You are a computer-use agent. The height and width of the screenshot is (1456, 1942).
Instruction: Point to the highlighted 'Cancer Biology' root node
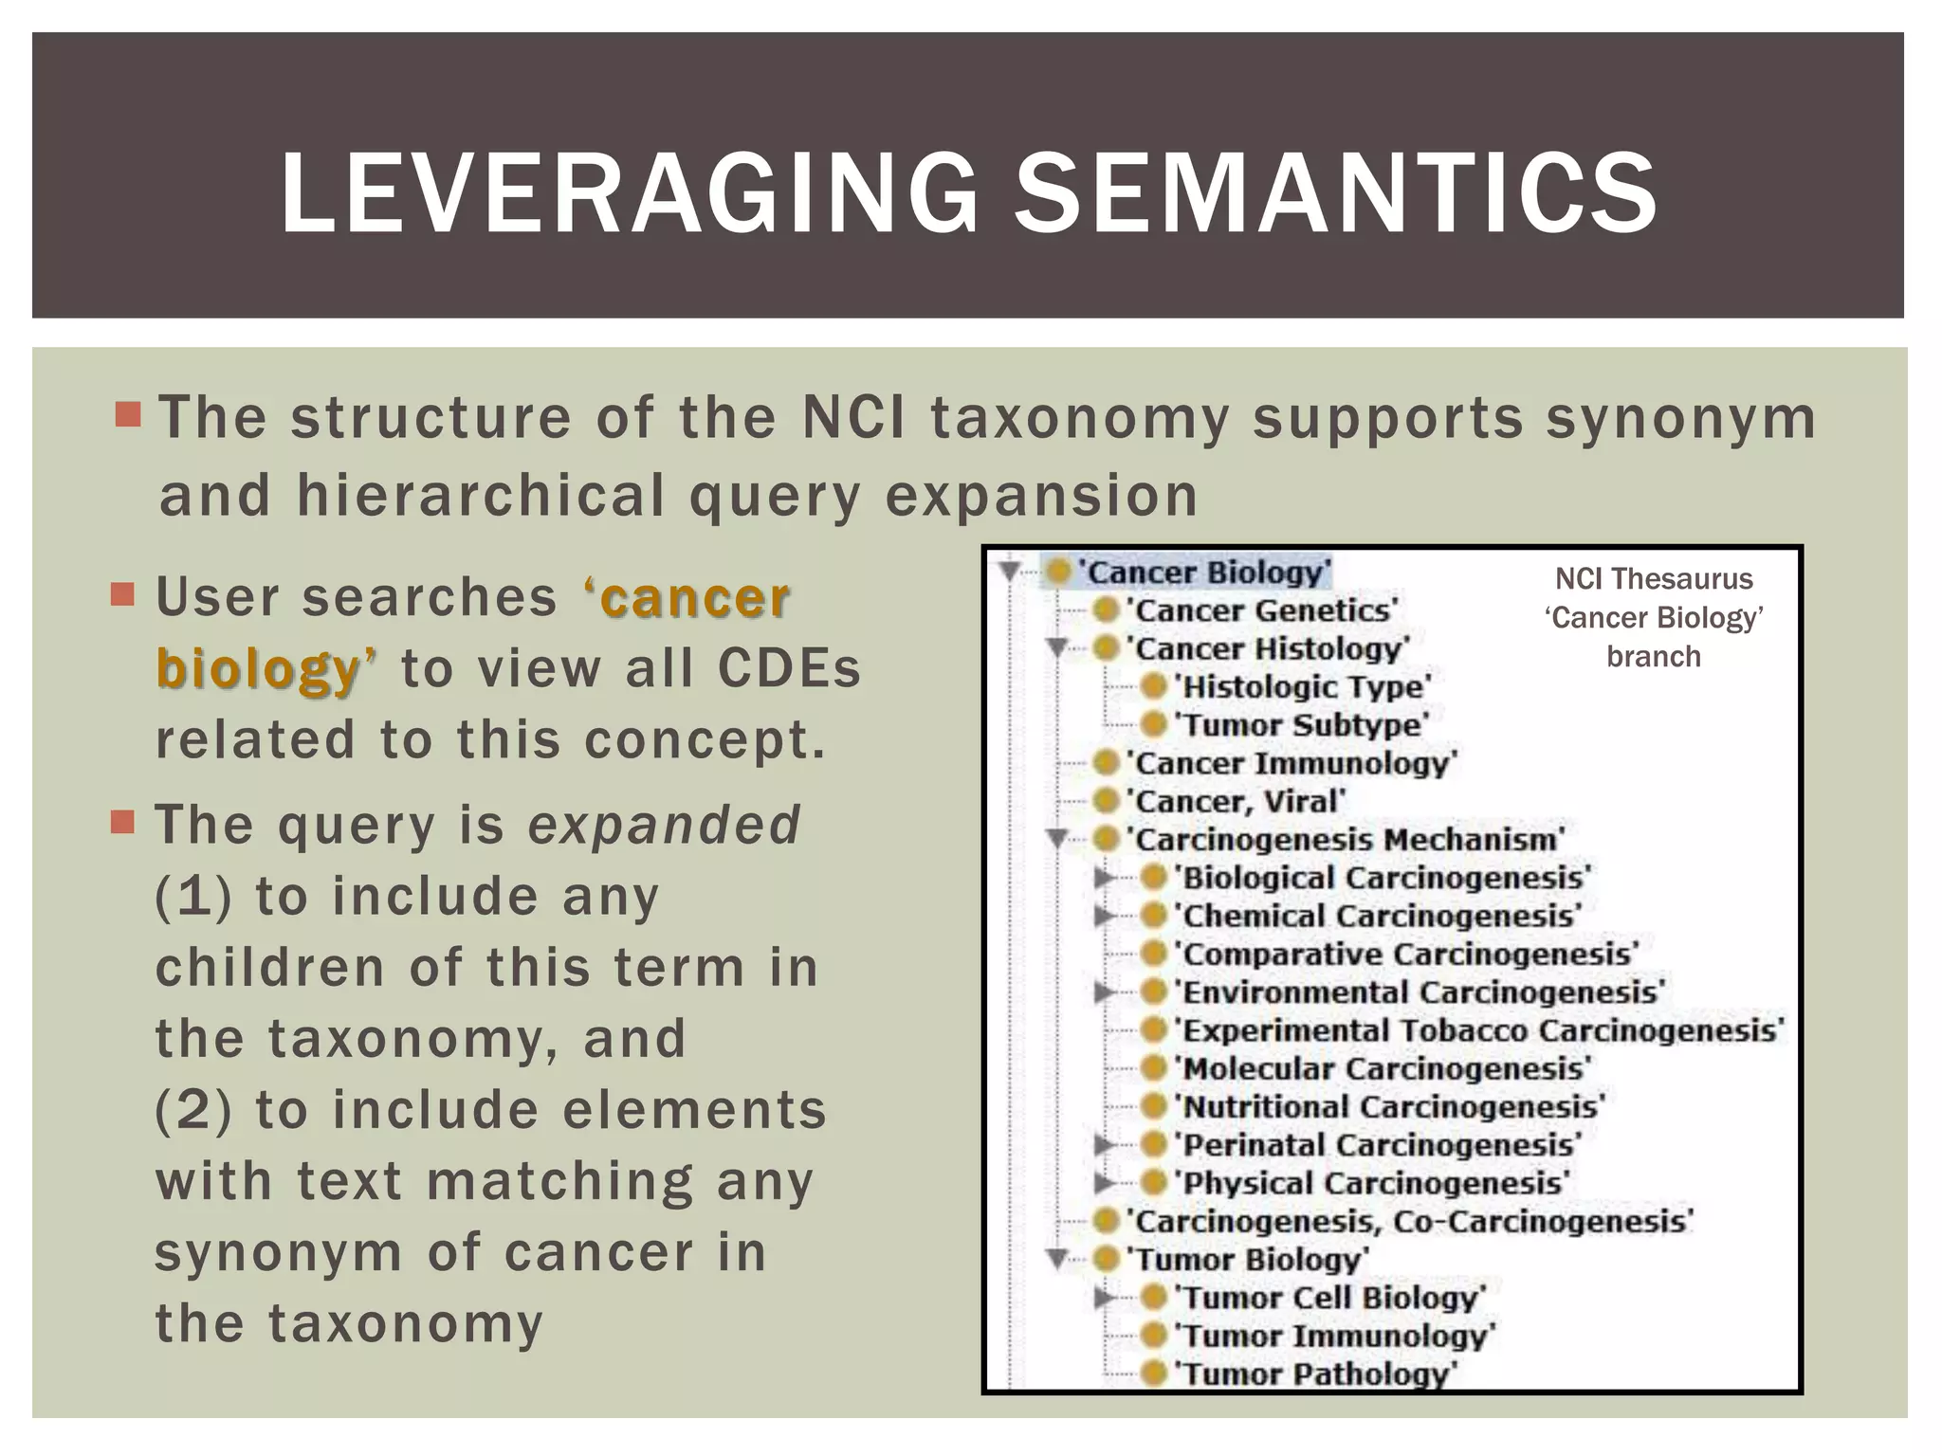click(x=1206, y=573)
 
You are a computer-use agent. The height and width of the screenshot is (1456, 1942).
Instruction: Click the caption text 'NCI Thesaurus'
click(x=1654, y=579)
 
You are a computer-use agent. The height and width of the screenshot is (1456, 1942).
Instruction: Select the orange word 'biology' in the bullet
click(x=258, y=668)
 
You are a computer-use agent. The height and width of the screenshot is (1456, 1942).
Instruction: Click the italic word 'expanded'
click(x=664, y=825)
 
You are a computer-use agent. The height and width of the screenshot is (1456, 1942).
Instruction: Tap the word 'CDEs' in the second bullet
click(x=789, y=668)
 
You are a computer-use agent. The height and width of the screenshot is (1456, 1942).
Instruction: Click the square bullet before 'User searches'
click(x=123, y=594)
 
